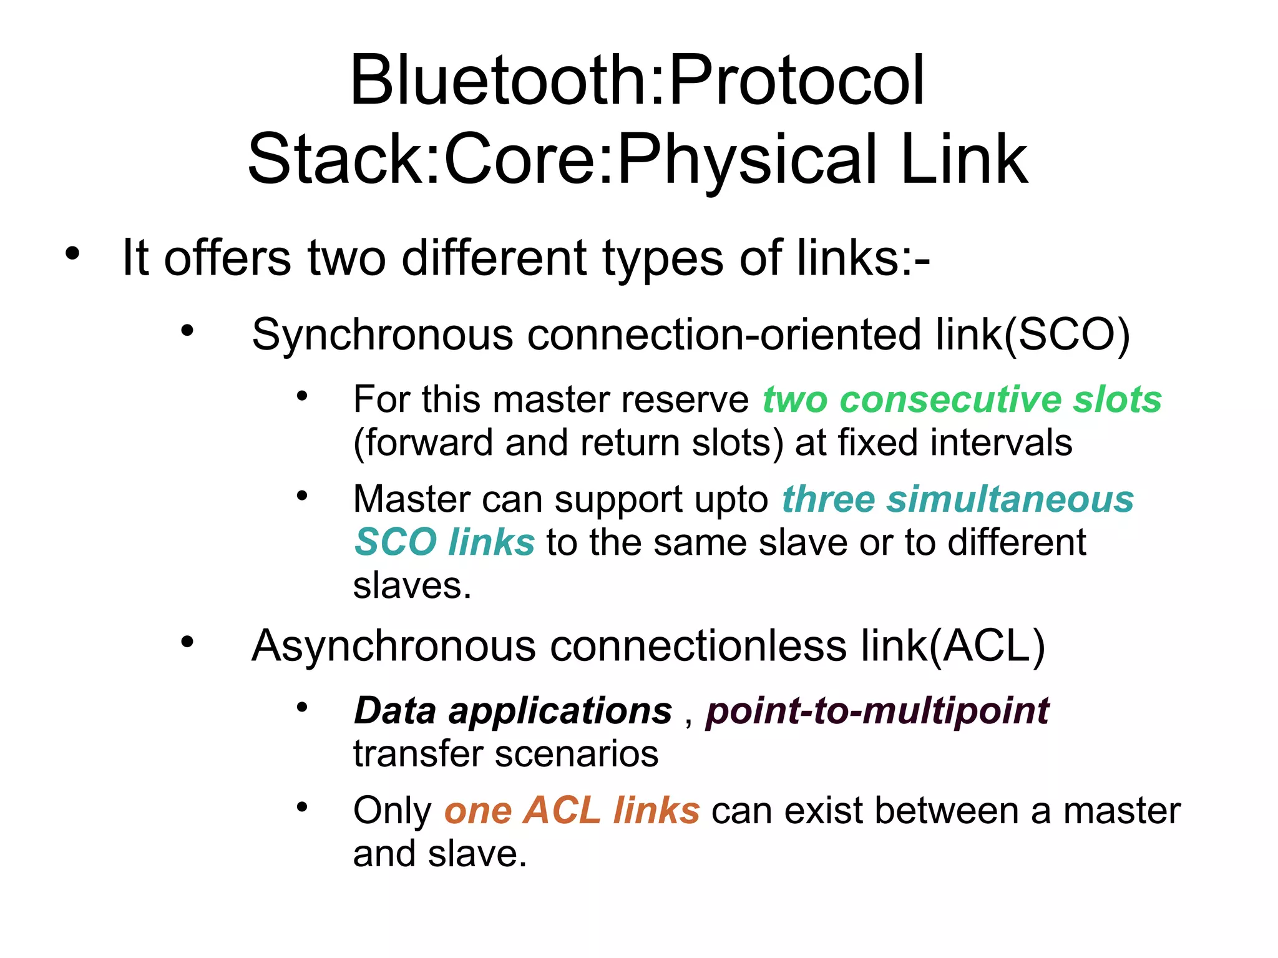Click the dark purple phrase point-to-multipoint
point(877,711)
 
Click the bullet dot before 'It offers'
point(72,253)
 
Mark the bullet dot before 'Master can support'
point(302,496)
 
